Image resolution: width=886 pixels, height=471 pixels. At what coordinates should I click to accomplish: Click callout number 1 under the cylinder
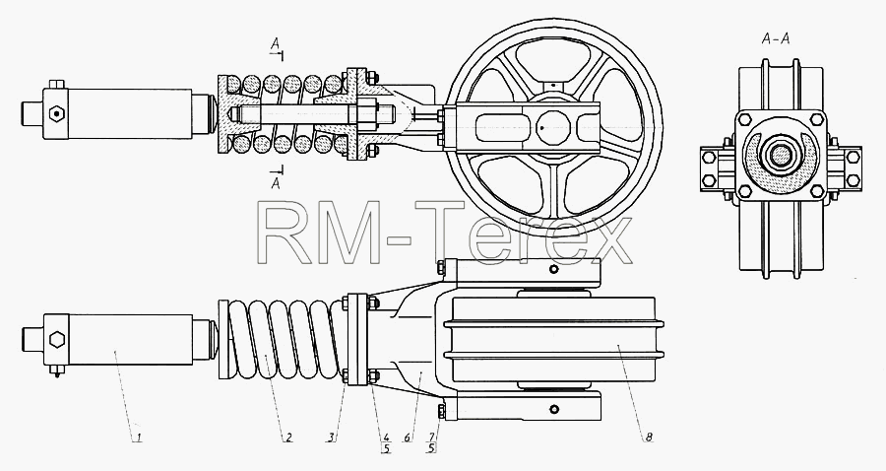(x=137, y=437)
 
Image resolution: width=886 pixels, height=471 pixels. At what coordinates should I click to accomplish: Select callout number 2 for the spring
(x=287, y=437)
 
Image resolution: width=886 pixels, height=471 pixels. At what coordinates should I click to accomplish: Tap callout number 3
(x=332, y=437)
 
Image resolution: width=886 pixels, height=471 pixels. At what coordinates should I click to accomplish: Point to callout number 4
(x=386, y=437)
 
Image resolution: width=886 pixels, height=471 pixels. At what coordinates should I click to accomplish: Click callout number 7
(x=431, y=437)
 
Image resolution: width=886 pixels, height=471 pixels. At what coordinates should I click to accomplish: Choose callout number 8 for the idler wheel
(x=650, y=437)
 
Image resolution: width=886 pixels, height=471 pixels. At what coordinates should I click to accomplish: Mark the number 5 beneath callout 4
(x=386, y=449)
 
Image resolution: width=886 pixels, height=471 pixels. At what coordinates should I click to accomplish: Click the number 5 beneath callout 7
(x=431, y=449)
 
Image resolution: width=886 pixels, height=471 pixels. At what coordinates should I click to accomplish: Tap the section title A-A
(x=776, y=39)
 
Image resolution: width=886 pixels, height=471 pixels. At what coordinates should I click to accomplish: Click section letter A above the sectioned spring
(x=275, y=43)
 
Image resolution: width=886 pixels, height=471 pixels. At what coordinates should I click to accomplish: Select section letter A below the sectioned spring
(x=276, y=183)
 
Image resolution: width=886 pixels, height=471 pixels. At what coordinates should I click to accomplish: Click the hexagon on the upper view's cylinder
(x=55, y=113)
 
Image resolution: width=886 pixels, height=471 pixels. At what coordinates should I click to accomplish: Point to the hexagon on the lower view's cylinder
(x=57, y=340)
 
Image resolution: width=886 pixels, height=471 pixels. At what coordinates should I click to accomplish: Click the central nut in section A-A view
(x=781, y=156)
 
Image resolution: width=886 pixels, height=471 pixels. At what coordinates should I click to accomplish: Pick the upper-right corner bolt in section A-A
(x=816, y=120)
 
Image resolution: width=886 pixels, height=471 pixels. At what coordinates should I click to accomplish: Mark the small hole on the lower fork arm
(x=555, y=409)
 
